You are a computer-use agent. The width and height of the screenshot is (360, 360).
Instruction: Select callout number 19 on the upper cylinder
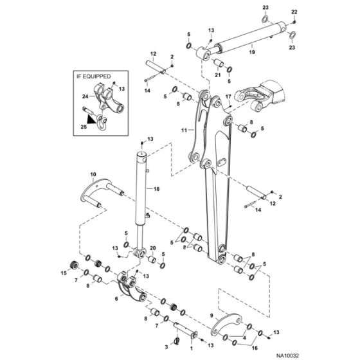coord(252,52)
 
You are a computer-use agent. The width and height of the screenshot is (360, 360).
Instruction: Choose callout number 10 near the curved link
coord(93,174)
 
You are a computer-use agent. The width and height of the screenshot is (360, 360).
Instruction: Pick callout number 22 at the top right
coord(295,12)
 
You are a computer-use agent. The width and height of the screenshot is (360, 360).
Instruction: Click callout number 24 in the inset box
coord(85,98)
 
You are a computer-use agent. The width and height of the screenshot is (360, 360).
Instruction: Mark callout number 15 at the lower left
coord(64,273)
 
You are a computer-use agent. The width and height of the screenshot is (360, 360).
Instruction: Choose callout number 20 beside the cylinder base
coord(153,248)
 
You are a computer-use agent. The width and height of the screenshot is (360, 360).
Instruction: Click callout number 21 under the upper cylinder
coord(218,75)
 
